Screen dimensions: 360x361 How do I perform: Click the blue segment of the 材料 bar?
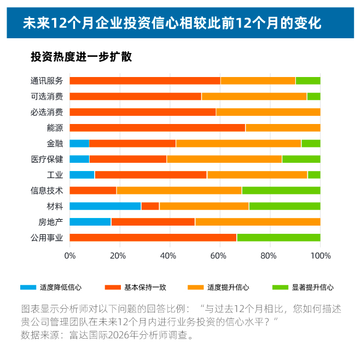pyautogui.click(x=105, y=206)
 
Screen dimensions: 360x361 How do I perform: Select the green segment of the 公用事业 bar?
pyautogui.click(x=278, y=238)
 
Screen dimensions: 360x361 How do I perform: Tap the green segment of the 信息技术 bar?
pyautogui.click(x=281, y=190)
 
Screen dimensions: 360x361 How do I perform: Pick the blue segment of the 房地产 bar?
pyautogui.click(x=90, y=222)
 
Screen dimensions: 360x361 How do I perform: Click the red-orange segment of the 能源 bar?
pyautogui.click(x=158, y=128)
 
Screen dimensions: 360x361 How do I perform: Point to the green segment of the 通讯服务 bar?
pyautogui.click(x=307, y=81)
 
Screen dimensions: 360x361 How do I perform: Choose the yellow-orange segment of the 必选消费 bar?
pyautogui.click(x=268, y=112)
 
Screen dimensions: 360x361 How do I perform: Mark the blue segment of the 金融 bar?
pyautogui.click(x=79, y=143)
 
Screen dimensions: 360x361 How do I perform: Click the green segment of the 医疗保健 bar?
pyautogui.click(x=301, y=159)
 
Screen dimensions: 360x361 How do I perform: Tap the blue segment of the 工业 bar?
pyautogui.click(x=82, y=175)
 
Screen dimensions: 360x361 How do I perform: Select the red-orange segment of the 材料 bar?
pyautogui.click(x=150, y=206)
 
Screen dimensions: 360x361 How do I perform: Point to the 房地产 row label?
pyautogui.click(x=51, y=222)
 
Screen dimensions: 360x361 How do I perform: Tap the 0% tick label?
pyautogui.click(x=70, y=255)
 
